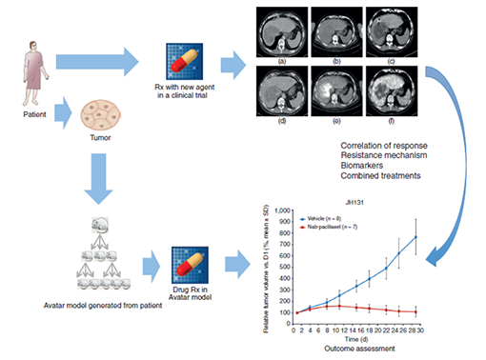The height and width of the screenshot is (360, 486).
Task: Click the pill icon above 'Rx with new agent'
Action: (x=186, y=62)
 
